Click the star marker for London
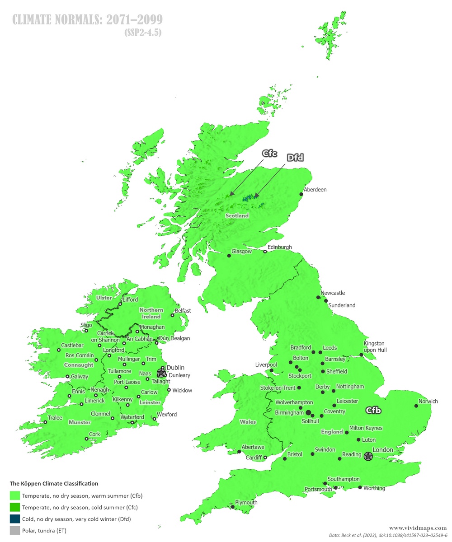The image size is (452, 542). point(368,456)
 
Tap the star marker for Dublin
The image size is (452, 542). point(161,373)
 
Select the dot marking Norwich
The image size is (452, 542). point(416,406)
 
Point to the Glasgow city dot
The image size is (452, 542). point(229,256)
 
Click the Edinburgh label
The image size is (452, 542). point(280,247)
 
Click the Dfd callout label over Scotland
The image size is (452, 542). point(295,158)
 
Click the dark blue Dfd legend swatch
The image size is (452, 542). point(15,519)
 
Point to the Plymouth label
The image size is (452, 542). point(246,502)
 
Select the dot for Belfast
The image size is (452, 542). point(172,315)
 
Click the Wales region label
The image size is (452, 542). point(248,422)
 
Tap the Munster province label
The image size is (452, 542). point(80,422)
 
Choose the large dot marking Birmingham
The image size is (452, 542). point(308,412)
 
